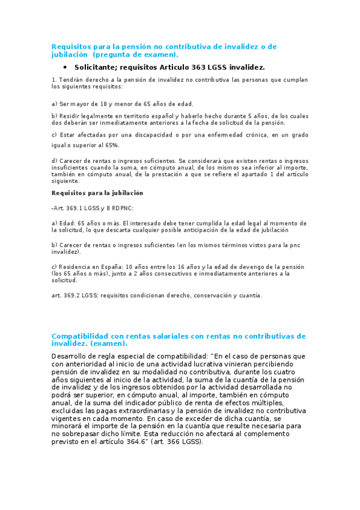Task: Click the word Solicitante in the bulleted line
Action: click(x=97, y=67)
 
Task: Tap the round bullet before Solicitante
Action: click(x=65, y=67)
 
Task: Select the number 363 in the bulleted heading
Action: click(x=203, y=67)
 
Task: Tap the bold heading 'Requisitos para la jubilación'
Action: click(x=97, y=193)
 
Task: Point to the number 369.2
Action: click(x=70, y=295)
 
